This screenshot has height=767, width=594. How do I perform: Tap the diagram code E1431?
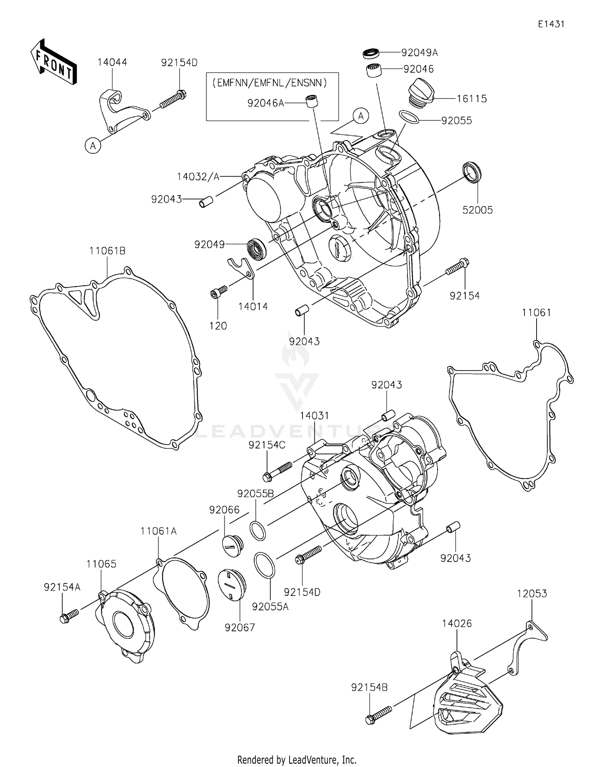[551, 24]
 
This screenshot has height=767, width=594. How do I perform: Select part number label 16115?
[472, 99]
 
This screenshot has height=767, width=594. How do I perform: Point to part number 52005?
[478, 210]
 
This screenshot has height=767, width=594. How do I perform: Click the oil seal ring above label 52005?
[472, 172]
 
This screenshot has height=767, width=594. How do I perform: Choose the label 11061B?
[107, 251]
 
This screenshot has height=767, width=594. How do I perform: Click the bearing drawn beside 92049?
[257, 249]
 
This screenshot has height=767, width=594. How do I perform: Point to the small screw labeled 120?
[218, 292]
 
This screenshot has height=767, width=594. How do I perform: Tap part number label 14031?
[314, 416]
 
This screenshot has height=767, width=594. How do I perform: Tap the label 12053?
[532, 594]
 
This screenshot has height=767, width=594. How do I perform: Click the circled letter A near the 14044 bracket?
[93, 146]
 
